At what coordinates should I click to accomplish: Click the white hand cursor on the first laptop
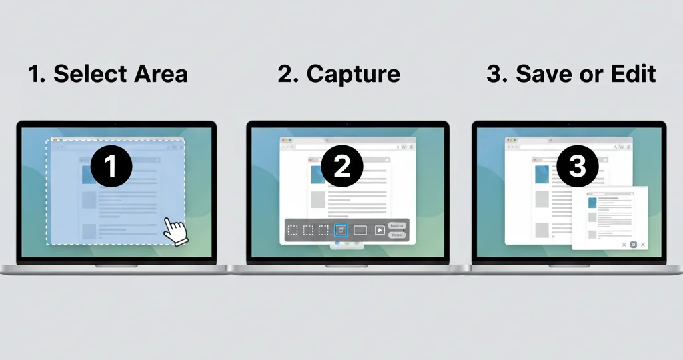click(x=176, y=231)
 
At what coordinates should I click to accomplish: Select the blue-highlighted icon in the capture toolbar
click(x=341, y=230)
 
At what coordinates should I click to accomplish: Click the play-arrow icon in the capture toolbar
click(x=380, y=230)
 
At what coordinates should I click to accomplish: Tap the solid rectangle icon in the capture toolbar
click(x=360, y=230)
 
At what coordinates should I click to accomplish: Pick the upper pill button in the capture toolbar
click(x=396, y=225)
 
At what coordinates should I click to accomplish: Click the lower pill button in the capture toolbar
click(x=396, y=235)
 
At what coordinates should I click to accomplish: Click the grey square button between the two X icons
click(x=633, y=245)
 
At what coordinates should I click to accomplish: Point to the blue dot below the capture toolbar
click(x=337, y=243)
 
